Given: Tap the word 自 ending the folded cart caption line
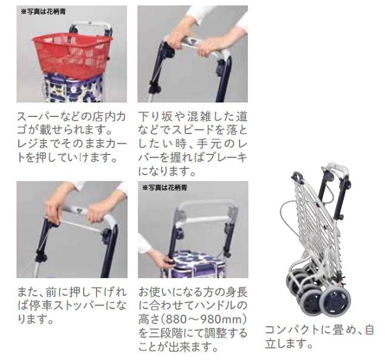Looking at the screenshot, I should coord(369,330).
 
